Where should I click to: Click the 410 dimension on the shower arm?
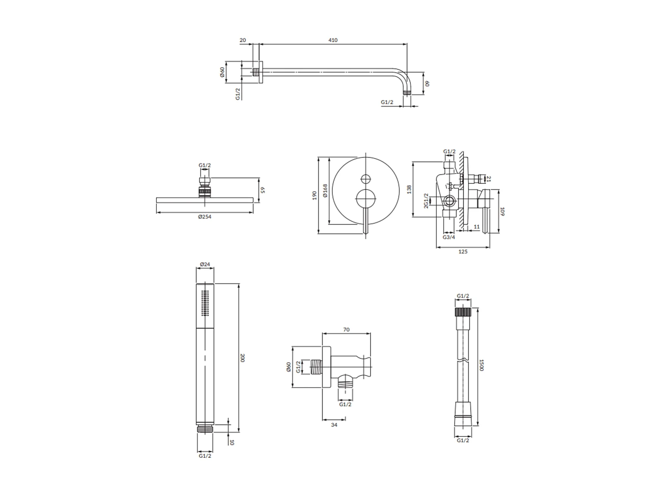333,40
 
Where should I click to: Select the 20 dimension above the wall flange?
243,40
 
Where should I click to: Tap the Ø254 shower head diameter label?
204,217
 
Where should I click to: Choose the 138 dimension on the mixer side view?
409,189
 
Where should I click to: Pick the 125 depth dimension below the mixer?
463,252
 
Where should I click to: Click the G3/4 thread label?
449,238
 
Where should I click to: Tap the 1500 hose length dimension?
482,365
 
